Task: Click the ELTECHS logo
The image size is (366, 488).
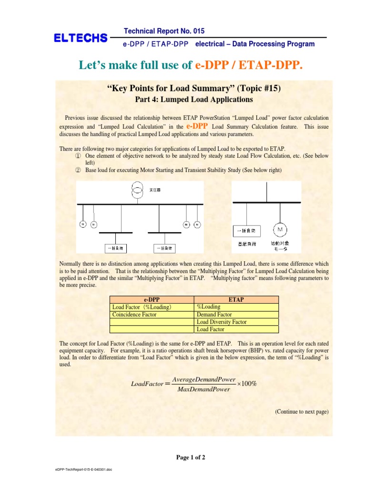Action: pyautogui.click(x=81, y=38)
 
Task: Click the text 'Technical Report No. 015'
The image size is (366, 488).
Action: pyautogui.click(x=164, y=31)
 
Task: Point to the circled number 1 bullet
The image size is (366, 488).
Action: pyautogui.click(x=78, y=156)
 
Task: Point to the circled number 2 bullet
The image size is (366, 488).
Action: pyautogui.click(x=78, y=170)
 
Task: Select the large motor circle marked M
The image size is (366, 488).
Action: pyautogui.click(x=280, y=230)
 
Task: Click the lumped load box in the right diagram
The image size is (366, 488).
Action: pyautogui.click(x=247, y=232)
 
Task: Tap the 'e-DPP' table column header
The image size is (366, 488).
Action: pyautogui.click(x=152, y=299)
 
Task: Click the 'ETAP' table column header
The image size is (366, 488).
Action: pyautogui.click(x=236, y=299)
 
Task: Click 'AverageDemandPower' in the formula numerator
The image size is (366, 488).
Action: pyautogui.click(x=204, y=379)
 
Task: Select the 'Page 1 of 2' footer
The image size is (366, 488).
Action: pyautogui.click(x=191, y=458)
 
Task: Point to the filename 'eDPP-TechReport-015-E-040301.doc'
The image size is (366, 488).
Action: pyautogui.click(x=83, y=469)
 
